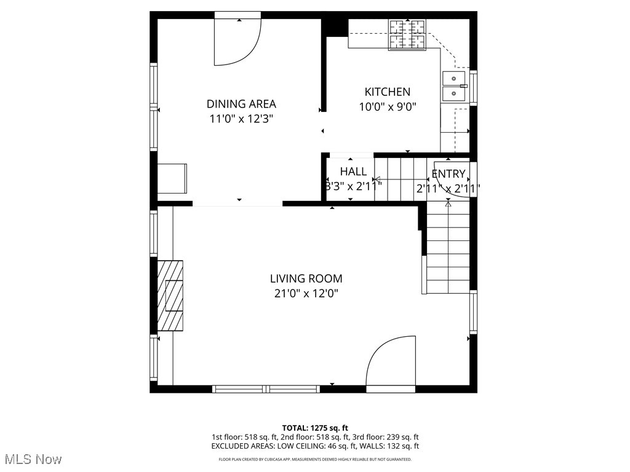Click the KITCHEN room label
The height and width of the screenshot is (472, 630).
pyautogui.click(x=387, y=92)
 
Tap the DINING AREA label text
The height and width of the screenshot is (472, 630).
pyautogui.click(x=241, y=104)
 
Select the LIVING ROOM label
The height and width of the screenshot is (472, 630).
pyautogui.click(x=306, y=278)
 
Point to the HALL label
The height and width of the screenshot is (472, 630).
pyautogui.click(x=353, y=171)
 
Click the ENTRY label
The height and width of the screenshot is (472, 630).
pyautogui.click(x=449, y=173)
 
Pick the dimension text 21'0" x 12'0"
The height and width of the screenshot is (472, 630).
pyautogui.click(x=306, y=294)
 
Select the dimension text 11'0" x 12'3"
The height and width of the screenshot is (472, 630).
pyautogui.click(x=241, y=119)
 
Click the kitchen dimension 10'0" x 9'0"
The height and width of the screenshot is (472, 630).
pyautogui.click(x=387, y=107)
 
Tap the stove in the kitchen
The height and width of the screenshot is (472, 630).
pyautogui.click(x=407, y=34)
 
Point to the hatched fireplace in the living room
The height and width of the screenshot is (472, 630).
pyautogui.click(x=170, y=296)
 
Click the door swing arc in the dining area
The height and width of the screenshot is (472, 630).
pyautogui.click(x=237, y=43)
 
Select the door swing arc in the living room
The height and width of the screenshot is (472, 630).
pyautogui.click(x=391, y=363)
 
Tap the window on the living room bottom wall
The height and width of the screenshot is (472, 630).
pyautogui.click(x=266, y=389)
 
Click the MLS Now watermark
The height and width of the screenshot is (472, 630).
pyautogui.click(x=32, y=459)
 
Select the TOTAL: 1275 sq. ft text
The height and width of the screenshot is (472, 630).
pyautogui.click(x=315, y=428)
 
